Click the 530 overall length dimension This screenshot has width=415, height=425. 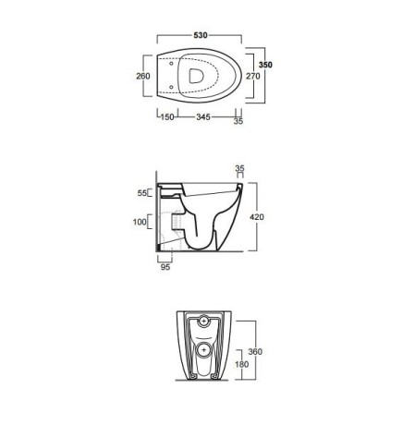pyautogui.click(x=201, y=35)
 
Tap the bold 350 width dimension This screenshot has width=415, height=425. pyautogui.click(x=265, y=65)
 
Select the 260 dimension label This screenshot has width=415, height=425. pyautogui.click(x=143, y=76)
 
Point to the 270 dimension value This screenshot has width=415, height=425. pyautogui.click(x=253, y=76)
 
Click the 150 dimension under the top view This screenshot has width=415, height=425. pyautogui.click(x=167, y=117)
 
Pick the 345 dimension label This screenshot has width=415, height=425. pyautogui.click(x=203, y=117)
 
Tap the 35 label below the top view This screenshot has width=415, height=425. pyautogui.click(x=238, y=121)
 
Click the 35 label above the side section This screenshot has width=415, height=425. pyautogui.click(x=239, y=168)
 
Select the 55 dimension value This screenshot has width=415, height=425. pyautogui.click(x=142, y=193)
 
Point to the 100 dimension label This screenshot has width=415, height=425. pyautogui.click(x=140, y=222)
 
